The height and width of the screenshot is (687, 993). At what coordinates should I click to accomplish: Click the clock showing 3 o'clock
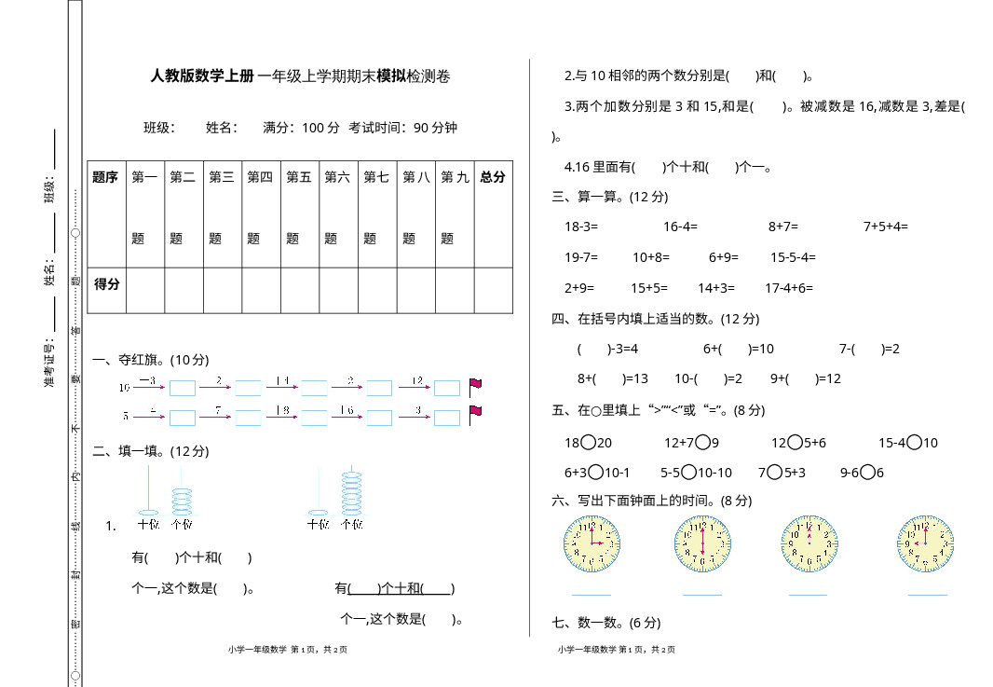(592, 543)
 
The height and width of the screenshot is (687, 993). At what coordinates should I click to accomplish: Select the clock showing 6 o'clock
(702, 543)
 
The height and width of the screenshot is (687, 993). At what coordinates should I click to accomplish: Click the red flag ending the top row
(475, 386)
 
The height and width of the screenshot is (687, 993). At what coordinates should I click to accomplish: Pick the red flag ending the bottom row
(475, 414)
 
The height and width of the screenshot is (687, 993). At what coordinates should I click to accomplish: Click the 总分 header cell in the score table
(493, 177)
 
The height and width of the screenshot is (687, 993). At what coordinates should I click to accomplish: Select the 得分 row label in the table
(107, 283)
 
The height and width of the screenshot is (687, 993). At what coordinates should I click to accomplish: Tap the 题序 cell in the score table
(105, 177)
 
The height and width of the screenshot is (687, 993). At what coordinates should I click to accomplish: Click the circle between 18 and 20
(588, 443)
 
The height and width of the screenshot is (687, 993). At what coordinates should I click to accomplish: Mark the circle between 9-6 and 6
(867, 473)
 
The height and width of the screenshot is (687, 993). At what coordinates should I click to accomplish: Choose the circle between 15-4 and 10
(914, 443)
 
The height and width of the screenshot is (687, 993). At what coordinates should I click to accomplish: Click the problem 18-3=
(581, 227)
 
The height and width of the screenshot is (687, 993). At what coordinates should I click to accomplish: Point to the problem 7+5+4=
(885, 227)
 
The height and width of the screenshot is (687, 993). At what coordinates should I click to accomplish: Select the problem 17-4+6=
(788, 289)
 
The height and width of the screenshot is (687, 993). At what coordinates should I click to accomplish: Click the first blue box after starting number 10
(183, 388)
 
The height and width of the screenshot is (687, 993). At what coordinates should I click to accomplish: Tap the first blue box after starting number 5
(183, 417)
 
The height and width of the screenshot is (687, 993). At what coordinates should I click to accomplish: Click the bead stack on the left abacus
(182, 501)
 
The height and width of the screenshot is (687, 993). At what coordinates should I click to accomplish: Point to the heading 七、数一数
(606, 623)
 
